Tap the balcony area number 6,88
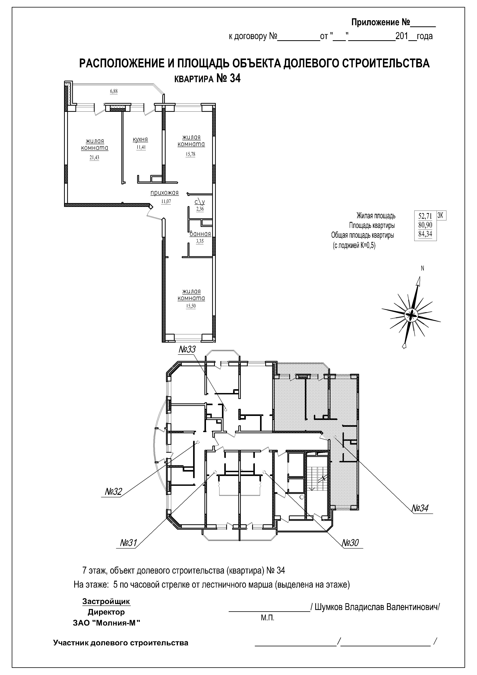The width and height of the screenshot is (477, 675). click(114, 91)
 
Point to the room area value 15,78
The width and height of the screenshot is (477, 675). click(191, 154)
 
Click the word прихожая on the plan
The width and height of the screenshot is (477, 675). click(164, 193)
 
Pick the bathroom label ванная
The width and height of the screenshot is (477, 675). click(200, 234)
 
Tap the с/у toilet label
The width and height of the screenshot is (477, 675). click(200, 202)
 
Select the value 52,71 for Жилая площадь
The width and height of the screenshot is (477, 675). click(425, 216)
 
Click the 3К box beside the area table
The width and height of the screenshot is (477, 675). click(441, 216)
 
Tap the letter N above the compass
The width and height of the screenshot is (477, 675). click(423, 268)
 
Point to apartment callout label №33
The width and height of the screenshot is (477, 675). click(187, 349)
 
